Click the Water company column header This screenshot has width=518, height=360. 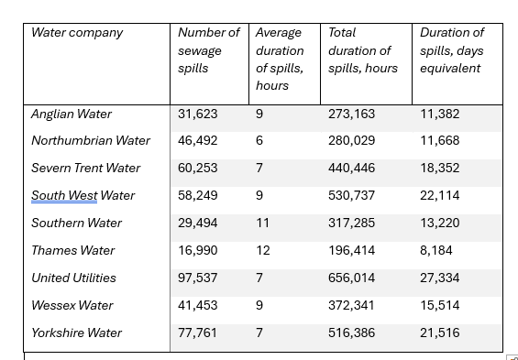coord(77,33)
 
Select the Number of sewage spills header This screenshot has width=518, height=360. coord(209,50)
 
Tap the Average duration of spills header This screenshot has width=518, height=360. coord(280,59)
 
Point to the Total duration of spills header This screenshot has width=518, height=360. coord(363,50)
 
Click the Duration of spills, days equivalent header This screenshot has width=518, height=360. coord(452,50)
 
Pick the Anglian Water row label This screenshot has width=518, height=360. coord(72,115)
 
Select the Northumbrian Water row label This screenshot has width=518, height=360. coord(91,141)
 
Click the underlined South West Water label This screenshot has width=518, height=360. coord(83,196)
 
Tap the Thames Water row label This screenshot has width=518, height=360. coord(73,251)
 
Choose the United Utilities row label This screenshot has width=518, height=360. coord(73,278)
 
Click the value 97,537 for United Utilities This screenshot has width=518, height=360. coord(197,278)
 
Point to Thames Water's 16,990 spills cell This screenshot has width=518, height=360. coord(197,250)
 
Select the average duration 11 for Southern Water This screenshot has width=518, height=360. coord(262,224)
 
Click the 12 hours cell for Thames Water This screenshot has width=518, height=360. coord(263,250)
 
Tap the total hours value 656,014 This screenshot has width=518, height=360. coord(351,278)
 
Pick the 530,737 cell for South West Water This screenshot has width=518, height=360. coord(351,196)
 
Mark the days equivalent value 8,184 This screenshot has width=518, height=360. coord(436,250)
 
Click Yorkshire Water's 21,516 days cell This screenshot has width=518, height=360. coord(440,333)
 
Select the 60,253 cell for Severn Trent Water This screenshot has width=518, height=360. coord(197,169)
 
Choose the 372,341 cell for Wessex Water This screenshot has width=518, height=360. coord(351,305)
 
